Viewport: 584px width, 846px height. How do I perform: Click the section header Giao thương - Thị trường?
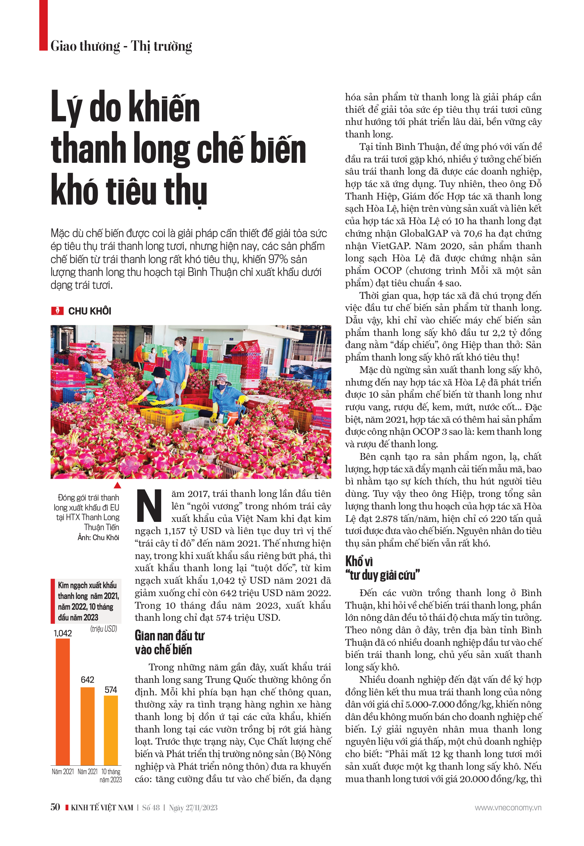click(x=121, y=46)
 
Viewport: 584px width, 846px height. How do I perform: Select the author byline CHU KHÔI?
click(x=89, y=311)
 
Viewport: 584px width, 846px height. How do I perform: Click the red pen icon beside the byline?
click(x=57, y=311)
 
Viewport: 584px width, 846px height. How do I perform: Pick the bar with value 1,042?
click(x=63, y=701)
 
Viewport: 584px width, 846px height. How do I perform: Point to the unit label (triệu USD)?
click(x=103, y=629)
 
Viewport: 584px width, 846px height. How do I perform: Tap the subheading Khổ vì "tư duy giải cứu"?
click(x=382, y=568)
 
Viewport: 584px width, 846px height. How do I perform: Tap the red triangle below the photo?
click(x=117, y=485)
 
